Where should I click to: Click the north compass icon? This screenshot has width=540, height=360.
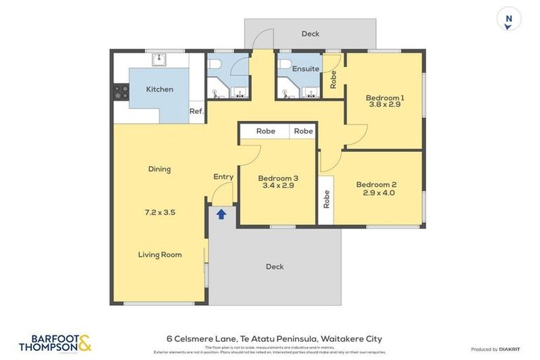coord(508,19)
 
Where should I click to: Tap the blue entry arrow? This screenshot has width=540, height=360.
coord(221,214)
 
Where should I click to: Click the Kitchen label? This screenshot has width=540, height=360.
coord(160,89)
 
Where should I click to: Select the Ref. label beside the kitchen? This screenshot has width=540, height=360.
coord(197,110)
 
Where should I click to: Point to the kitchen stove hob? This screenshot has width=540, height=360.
coord(121,91)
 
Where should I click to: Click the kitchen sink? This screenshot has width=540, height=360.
coord(159,59)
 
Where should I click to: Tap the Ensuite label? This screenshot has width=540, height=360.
coord(306,69)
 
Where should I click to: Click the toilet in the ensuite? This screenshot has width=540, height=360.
coord(285,64)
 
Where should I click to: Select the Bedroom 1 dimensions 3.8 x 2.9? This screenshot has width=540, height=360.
coord(385,105)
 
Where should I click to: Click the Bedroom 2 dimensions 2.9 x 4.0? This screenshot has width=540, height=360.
coord(379,193)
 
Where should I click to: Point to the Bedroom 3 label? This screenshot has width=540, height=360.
coord(278,178)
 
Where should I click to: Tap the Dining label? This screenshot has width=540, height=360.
coord(160,169)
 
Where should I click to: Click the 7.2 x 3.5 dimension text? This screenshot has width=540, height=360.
coord(160,211)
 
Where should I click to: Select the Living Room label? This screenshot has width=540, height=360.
coord(160,255)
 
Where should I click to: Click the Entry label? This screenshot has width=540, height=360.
coord(224,176)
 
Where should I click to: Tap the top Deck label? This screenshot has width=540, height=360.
coord(310,34)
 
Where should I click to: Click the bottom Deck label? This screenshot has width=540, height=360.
coord(275,266)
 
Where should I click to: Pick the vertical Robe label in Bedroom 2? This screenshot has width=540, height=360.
coord(326,200)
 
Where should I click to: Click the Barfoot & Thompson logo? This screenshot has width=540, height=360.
coord(55,343)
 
